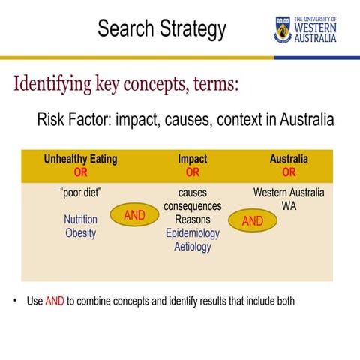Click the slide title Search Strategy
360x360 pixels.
[161, 29]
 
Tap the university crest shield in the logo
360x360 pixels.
[283, 28]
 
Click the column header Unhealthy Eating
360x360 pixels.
[80, 160]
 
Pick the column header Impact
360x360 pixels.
[193, 160]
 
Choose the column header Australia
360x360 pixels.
[289, 160]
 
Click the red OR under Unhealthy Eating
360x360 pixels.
[80, 172]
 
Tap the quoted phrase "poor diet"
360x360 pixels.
[80, 193]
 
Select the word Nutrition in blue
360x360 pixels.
[80, 220]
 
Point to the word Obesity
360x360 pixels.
[80, 232]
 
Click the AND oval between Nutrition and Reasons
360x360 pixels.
[134, 216]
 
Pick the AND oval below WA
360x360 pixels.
[252, 221]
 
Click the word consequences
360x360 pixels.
[193, 206]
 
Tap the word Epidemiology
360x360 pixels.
[193, 232]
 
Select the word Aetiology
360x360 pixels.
[193, 246]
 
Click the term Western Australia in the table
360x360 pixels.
[289, 193]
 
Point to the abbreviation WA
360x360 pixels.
[289, 205]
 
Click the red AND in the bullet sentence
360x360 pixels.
[55, 301]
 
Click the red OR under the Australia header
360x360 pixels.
[289, 172]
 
